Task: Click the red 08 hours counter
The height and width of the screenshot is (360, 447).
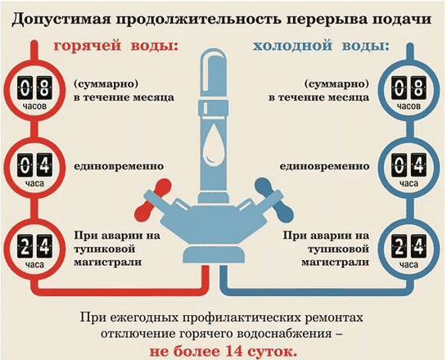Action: [x=34, y=91]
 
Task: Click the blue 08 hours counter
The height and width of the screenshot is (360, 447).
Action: [x=409, y=91]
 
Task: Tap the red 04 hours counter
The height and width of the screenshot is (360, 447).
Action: [x=34, y=168]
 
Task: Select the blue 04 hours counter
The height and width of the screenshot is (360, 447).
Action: [x=409, y=168]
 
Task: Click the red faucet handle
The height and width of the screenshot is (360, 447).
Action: [x=152, y=200]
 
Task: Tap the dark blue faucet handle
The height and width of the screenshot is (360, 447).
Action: [x=273, y=200]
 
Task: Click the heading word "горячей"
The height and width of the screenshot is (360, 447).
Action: [x=88, y=46]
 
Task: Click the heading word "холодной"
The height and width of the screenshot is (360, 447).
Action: [x=293, y=46]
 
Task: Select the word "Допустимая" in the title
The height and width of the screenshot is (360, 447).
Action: [x=61, y=20]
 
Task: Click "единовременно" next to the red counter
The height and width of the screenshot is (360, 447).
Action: [x=119, y=166]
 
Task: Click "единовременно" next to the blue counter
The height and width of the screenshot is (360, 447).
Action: [x=324, y=166]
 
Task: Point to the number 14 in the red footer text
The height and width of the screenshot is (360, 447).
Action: [x=234, y=352]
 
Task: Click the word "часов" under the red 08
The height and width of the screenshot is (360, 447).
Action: [x=34, y=106]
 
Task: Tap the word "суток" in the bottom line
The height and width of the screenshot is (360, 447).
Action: [x=273, y=352]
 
